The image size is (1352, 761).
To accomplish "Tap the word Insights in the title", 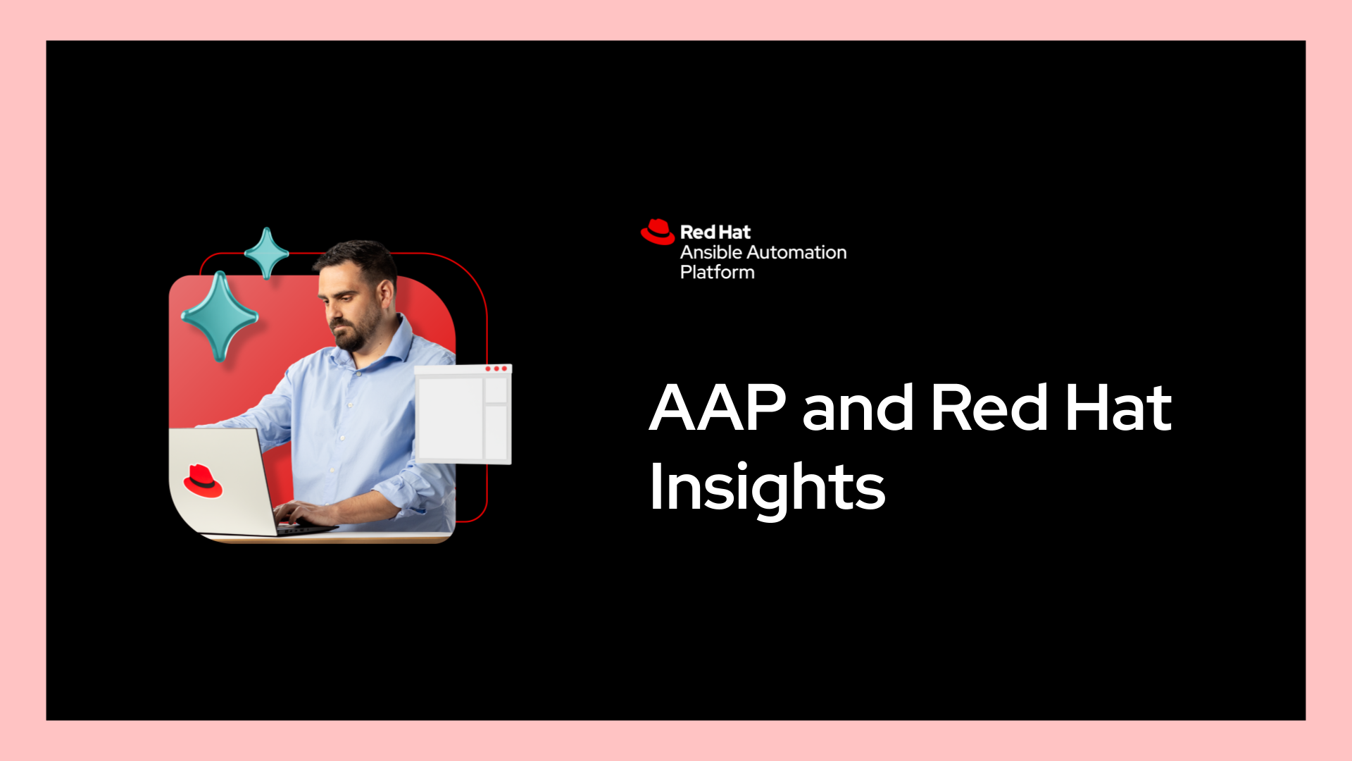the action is pyautogui.click(x=767, y=488).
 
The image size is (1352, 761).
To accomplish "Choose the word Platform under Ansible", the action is pyautogui.click(x=717, y=272).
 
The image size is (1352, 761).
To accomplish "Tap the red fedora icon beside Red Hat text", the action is pyautogui.click(x=658, y=232).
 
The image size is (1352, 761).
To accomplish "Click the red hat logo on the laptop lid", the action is pyautogui.click(x=203, y=481).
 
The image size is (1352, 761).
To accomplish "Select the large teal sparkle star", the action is pyautogui.click(x=220, y=316).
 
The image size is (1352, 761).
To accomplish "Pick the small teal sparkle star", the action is pyautogui.click(x=266, y=253).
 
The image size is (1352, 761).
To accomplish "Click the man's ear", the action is pyautogui.click(x=387, y=293).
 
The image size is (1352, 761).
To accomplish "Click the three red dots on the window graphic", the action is pyautogui.click(x=496, y=369).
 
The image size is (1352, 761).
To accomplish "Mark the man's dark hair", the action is pyautogui.click(x=359, y=259).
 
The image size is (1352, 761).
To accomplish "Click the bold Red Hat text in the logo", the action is pyautogui.click(x=715, y=232).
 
